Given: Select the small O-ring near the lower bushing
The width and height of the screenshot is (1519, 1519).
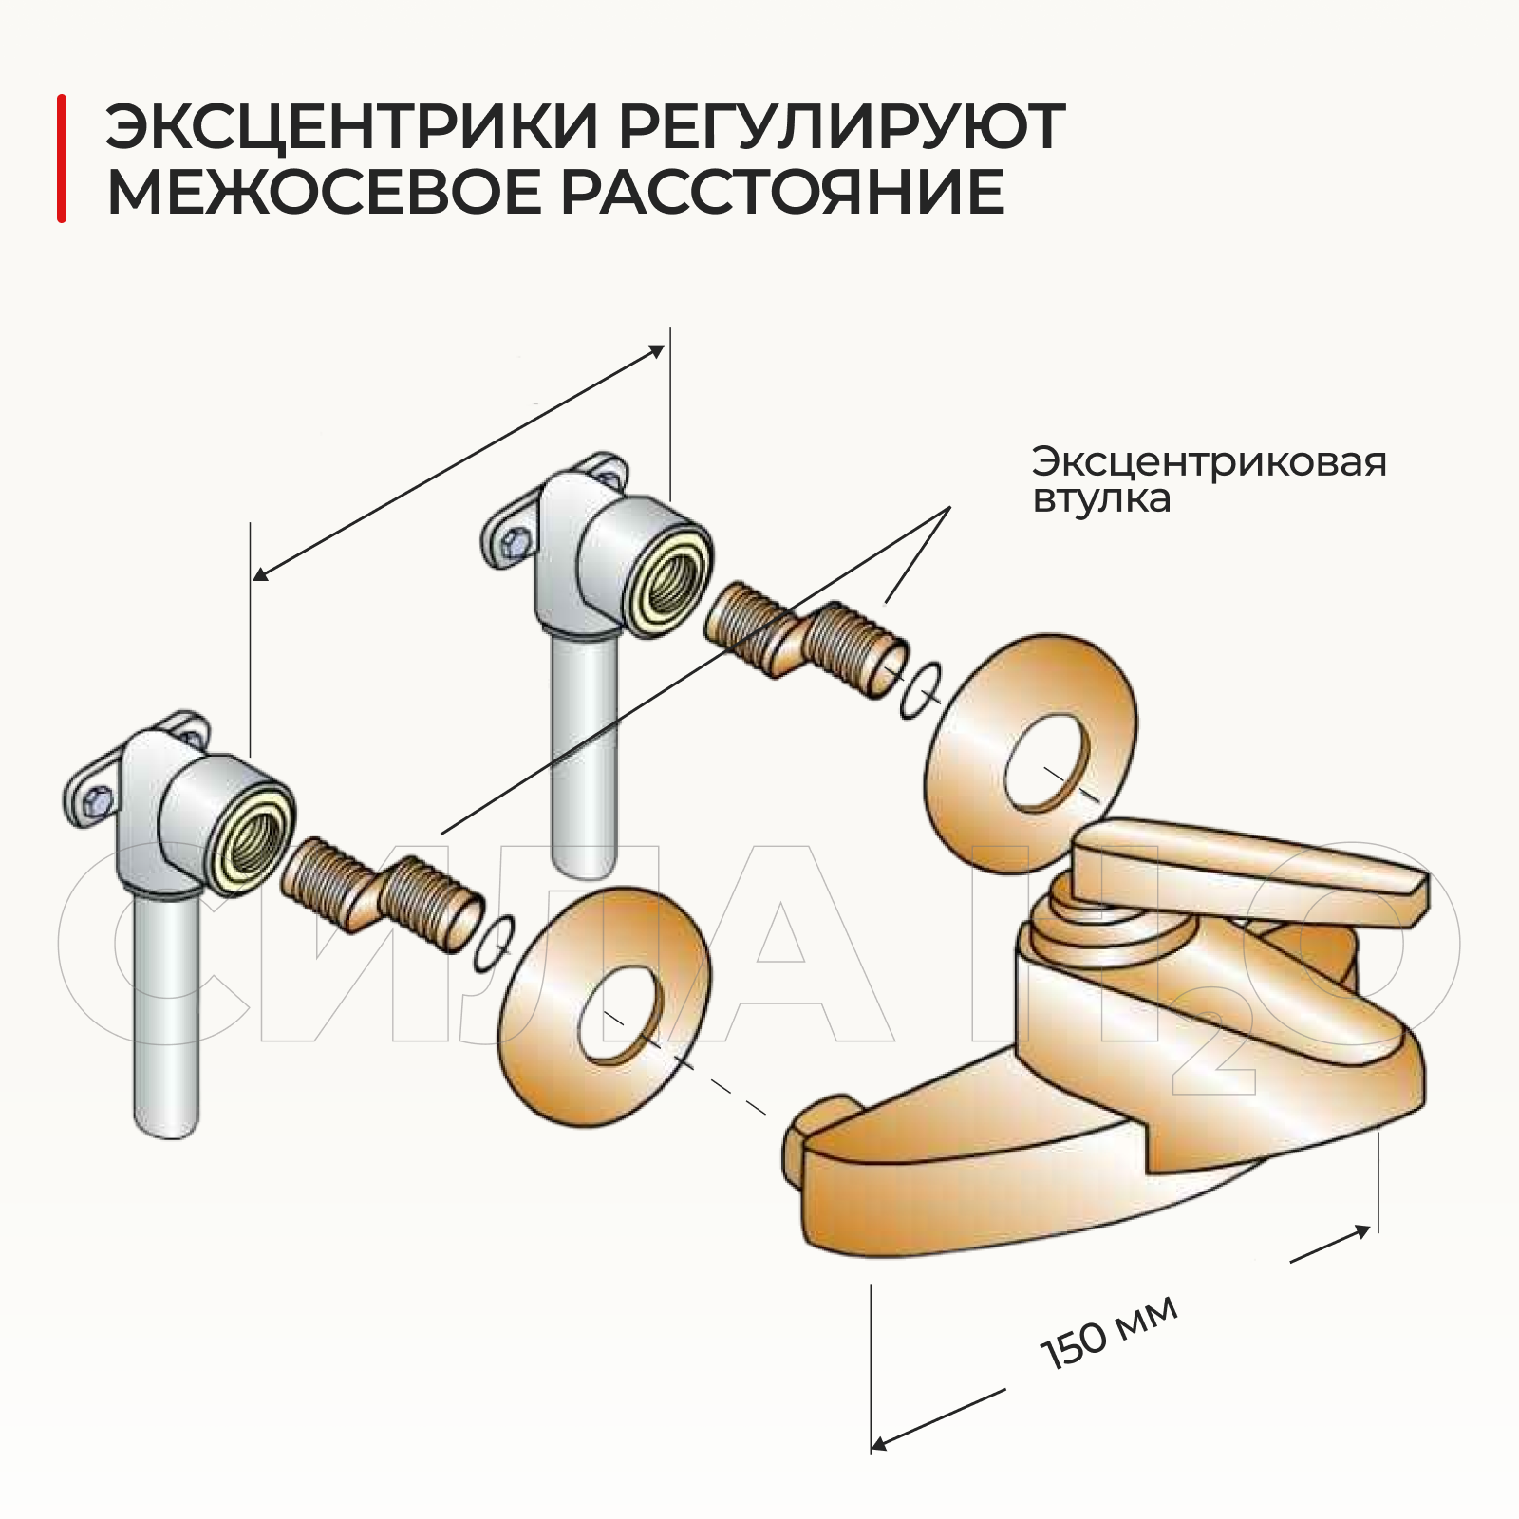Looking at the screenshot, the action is click(x=495, y=945).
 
